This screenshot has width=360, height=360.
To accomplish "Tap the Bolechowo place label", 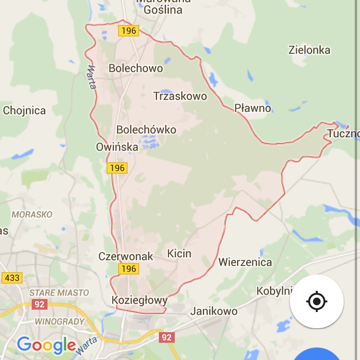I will coord(136,68).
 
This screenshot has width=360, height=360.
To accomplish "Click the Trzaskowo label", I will coord(180,96).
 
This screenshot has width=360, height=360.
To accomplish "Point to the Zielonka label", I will coord(309,50).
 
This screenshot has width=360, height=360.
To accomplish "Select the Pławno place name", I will coord(253,108).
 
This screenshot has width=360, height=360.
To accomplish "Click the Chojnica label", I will coord(24,111).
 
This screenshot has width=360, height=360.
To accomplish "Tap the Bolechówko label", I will coord(146,130).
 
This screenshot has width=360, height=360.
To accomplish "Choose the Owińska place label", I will coord(117,147).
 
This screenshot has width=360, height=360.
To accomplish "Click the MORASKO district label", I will coord(32,215).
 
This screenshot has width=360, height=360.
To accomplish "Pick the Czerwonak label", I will coord(126,256).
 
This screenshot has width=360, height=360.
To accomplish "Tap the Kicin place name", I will coord(180,253).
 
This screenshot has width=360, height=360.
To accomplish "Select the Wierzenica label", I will coord(245,262).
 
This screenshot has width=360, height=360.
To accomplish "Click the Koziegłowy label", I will coord(140,300).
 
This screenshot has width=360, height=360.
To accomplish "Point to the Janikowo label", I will coord(214,311).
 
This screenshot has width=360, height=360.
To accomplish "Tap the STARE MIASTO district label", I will coord(59,292).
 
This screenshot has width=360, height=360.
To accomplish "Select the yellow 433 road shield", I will coord(11,277).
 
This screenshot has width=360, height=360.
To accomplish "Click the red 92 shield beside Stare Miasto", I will coord(40,304).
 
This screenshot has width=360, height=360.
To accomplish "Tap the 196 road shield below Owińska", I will coord(117,168).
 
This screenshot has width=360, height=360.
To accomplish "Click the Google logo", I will coord(46,345).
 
